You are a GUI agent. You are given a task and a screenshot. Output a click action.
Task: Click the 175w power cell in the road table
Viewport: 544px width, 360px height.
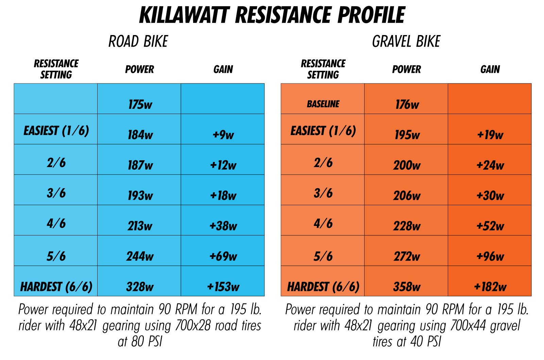click(140, 104)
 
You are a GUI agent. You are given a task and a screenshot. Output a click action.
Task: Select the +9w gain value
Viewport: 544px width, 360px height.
click(223, 135)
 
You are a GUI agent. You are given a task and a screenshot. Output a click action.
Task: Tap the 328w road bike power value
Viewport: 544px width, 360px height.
click(140, 287)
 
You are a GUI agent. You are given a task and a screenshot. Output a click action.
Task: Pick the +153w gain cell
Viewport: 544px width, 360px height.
click(223, 287)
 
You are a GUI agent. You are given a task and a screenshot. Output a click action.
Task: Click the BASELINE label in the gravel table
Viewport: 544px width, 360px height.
click(323, 104)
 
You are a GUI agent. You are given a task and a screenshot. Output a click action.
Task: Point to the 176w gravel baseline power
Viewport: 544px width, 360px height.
click(407, 104)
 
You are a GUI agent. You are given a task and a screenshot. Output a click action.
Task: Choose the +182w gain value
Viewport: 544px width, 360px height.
click(490, 287)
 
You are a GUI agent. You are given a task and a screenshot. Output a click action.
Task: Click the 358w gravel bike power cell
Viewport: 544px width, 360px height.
click(407, 287)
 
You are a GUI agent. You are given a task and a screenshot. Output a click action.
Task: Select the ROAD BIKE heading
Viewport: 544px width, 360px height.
click(138, 42)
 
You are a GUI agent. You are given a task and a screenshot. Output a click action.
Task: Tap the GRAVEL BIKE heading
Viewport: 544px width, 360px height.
click(406, 42)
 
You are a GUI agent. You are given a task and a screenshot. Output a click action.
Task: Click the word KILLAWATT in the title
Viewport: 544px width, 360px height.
click(183, 15)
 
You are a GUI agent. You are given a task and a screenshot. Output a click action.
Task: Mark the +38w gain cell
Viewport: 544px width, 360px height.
click(223, 226)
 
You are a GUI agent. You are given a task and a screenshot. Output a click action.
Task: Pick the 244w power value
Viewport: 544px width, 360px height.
click(140, 256)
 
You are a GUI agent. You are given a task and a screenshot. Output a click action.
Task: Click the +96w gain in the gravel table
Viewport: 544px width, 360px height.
click(490, 256)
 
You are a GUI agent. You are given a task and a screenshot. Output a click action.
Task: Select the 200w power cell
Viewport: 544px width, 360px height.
click(407, 165)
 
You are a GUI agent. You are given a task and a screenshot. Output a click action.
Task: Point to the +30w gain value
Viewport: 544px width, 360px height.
click(490, 195)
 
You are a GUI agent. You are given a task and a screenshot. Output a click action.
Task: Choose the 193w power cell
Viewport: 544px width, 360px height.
click(140, 195)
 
